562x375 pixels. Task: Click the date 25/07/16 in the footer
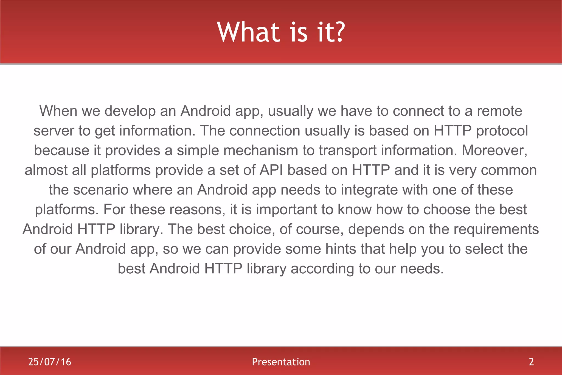tap(50, 362)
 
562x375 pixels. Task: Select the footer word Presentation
tap(281, 362)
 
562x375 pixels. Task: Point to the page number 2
tap(531, 362)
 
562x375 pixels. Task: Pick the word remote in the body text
tap(499, 111)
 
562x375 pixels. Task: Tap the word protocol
tap(502, 131)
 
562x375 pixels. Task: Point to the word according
tap(322, 269)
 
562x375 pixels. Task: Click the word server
tap(54, 131)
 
